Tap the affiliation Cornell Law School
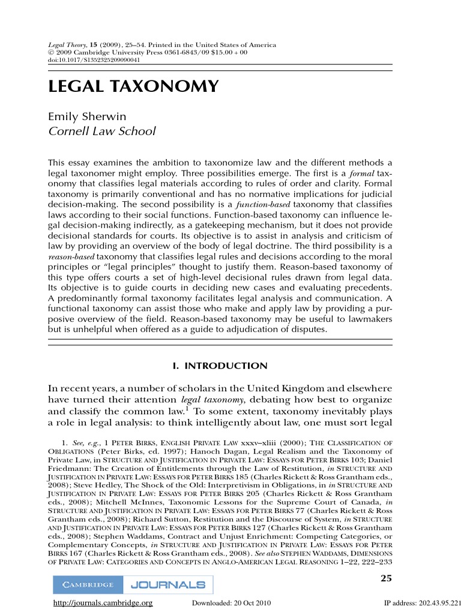tap(101, 131)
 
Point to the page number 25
tap(387, 578)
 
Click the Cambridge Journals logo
tap(133, 584)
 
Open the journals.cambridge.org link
tap(103, 604)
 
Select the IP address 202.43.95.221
tap(438, 604)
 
